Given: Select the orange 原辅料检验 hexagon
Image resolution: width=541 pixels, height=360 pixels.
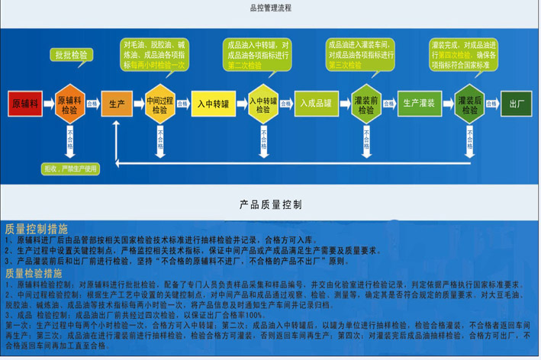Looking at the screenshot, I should coord(70,102).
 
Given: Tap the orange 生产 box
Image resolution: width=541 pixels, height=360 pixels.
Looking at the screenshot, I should coord(117,102).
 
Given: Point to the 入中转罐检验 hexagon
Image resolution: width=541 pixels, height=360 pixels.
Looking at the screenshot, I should coord(262,102).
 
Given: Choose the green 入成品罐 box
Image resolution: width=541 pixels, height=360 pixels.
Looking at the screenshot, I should coord(314,102).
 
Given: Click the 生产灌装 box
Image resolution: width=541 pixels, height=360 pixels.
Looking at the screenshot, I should coord(419,102).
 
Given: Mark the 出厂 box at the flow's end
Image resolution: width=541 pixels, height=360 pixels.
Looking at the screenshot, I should coord(517,102).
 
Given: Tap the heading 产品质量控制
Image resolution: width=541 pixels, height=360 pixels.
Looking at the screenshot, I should coord(270,204).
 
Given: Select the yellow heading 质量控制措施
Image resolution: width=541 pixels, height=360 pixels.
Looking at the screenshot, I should coord(36,229).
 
